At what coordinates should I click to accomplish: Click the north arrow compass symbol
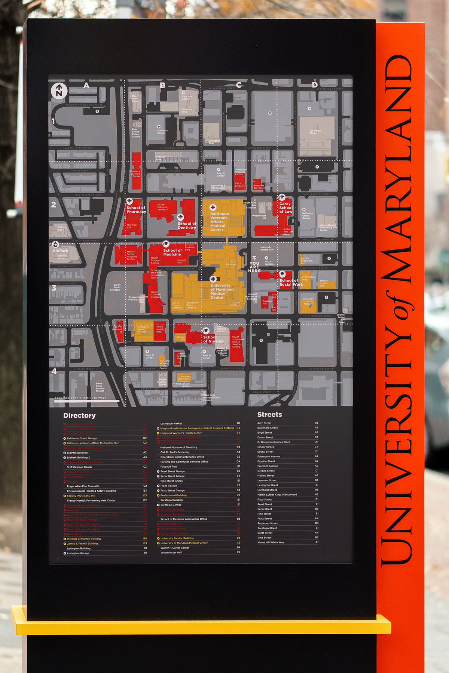59,90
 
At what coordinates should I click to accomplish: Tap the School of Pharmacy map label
136,209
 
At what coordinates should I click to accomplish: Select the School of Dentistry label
187,225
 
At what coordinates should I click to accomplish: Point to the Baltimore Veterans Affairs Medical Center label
219,222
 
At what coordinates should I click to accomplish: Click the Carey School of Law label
285,208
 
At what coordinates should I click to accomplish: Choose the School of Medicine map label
172,252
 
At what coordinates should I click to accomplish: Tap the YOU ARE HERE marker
254,265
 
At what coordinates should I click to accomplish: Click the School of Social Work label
291,282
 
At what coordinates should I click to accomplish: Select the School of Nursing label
213,339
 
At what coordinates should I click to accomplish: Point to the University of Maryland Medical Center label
222,291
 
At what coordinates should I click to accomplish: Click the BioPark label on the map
60,251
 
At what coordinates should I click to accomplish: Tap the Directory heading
79,415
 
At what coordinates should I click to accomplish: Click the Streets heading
269,415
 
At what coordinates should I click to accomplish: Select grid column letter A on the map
86,86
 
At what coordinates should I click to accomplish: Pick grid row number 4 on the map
54,371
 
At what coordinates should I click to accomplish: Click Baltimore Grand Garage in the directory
82,438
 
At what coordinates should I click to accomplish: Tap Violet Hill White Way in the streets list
271,542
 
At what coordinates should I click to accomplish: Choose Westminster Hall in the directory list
171,552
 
